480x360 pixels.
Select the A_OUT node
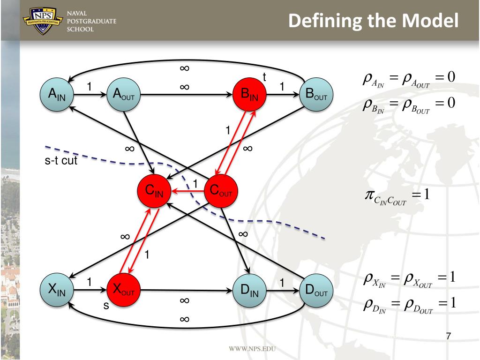click(x=124, y=94)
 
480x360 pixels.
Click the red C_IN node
click(x=154, y=191)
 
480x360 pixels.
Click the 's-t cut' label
click(x=58, y=162)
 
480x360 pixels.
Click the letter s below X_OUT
click(x=105, y=306)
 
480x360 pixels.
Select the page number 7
click(x=449, y=336)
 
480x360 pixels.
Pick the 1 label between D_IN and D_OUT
click(x=282, y=283)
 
